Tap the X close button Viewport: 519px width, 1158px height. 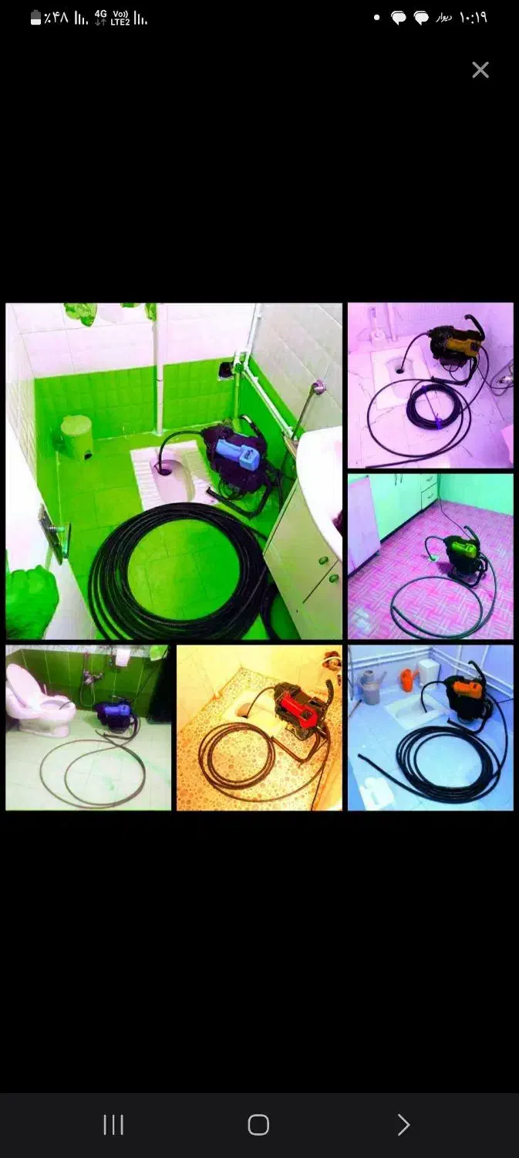click(480, 69)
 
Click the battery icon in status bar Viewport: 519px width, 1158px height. click(35, 19)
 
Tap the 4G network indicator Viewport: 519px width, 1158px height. click(101, 18)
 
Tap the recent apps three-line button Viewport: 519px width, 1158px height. click(113, 1124)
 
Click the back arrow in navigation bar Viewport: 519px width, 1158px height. click(403, 1124)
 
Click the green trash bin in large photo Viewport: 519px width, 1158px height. click(76, 438)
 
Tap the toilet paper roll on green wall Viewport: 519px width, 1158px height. click(122, 656)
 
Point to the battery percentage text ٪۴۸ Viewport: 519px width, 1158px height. click(56, 19)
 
